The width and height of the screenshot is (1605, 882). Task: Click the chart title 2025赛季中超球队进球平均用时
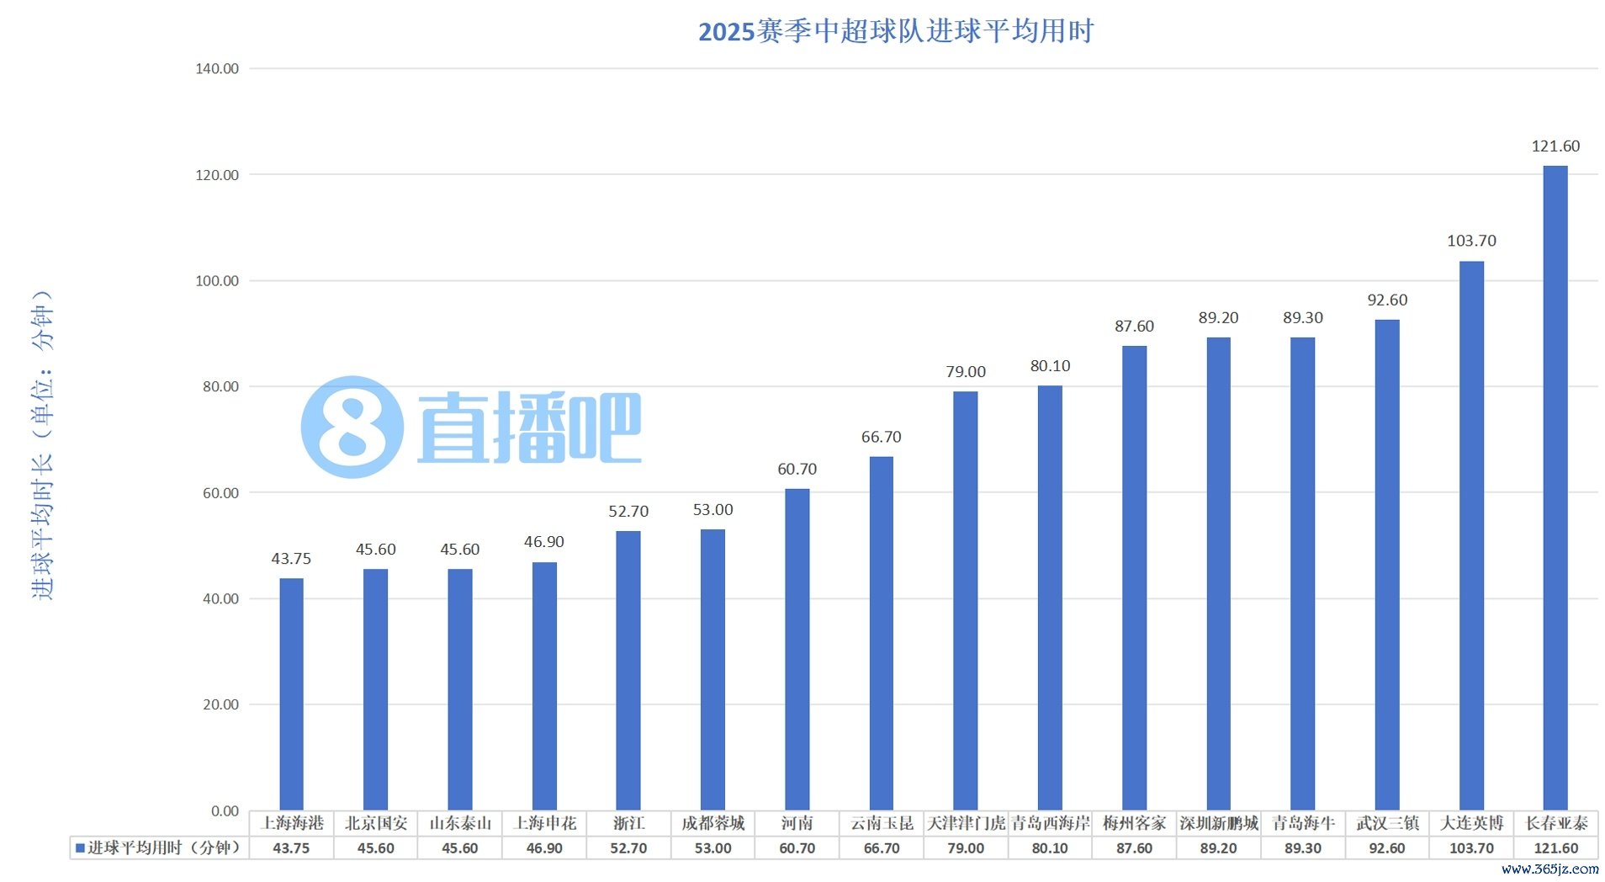(x=895, y=31)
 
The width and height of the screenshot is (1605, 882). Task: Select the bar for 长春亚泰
(x=1555, y=488)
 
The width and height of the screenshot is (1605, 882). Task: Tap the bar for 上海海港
(x=291, y=694)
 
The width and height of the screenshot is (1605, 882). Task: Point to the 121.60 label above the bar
(x=1555, y=146)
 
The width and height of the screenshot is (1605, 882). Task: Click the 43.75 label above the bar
(x=291, y=559)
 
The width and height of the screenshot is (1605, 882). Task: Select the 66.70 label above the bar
(x=881, y=437)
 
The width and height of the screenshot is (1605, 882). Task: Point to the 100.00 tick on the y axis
(x=217, y=281)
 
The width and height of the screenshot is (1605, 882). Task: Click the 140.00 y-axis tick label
(x=217, y=69)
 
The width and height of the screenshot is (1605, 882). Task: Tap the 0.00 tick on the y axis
(x=225, y=811)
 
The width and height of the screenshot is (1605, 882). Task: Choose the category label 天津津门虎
(x=965, y=823)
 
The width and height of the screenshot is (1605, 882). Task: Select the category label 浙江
(x=628, y=823)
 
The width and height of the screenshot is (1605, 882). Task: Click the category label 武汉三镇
(x=1386, y=823)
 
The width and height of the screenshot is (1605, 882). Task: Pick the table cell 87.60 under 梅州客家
(x=1134, y=848)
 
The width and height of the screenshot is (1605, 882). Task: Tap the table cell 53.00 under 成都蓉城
(x=712, y=848)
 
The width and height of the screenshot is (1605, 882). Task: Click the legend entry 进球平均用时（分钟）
(x=159, y=848)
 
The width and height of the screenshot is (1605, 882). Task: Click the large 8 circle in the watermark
(x=352, y=428)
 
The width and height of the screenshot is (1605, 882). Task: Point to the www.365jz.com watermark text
(x=1549, y=869)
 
